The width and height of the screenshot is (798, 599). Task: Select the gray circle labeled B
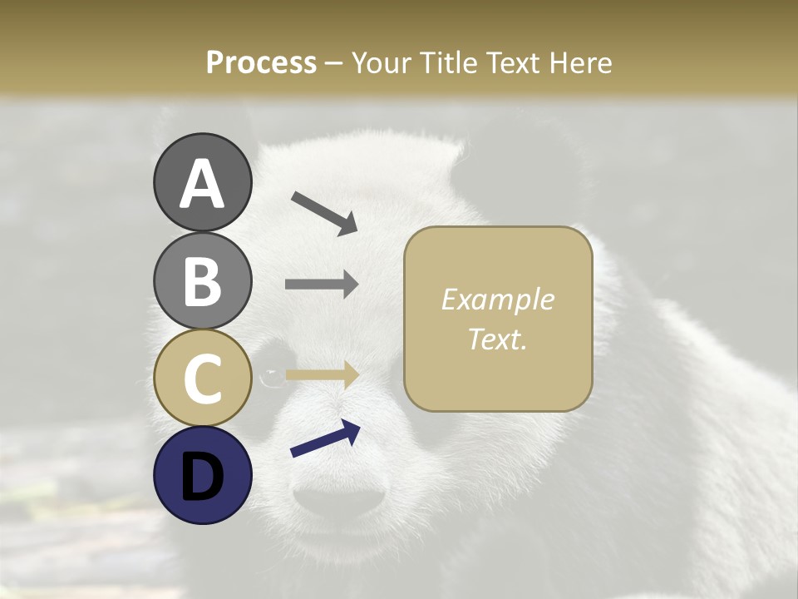[202, 280]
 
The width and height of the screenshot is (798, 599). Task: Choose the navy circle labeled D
[202, 475]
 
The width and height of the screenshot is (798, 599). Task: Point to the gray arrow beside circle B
[322, 284]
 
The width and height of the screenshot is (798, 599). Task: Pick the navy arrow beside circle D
[325, 438]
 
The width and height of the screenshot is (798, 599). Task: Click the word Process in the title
[261, 62]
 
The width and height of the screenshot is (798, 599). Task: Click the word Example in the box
[497, 299]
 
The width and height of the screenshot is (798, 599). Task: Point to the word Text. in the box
[497, 339]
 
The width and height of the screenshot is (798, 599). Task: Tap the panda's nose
[340, 499]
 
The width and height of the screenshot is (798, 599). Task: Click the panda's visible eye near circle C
[271, 378]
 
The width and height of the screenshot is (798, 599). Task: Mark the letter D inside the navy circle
[202, 477]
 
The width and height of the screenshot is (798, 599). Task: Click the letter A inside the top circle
[202, 184]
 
